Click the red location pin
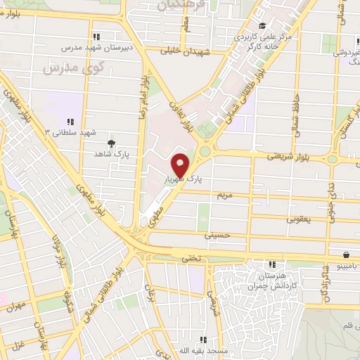pos(181,165)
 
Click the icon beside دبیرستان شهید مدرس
pos(96,37)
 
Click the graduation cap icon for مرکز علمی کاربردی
pos(262,27)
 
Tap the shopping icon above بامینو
pos(346,255)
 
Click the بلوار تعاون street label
pos(179,116)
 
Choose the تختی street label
pos(191,258)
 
